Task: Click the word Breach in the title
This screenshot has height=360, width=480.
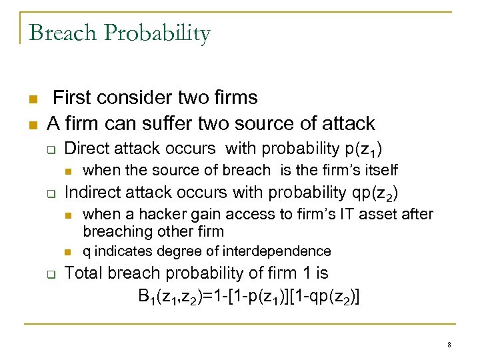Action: (x=61, y=32)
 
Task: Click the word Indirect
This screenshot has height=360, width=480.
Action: (x=91, y=193)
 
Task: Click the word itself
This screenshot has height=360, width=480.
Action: (x=379, y=170)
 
